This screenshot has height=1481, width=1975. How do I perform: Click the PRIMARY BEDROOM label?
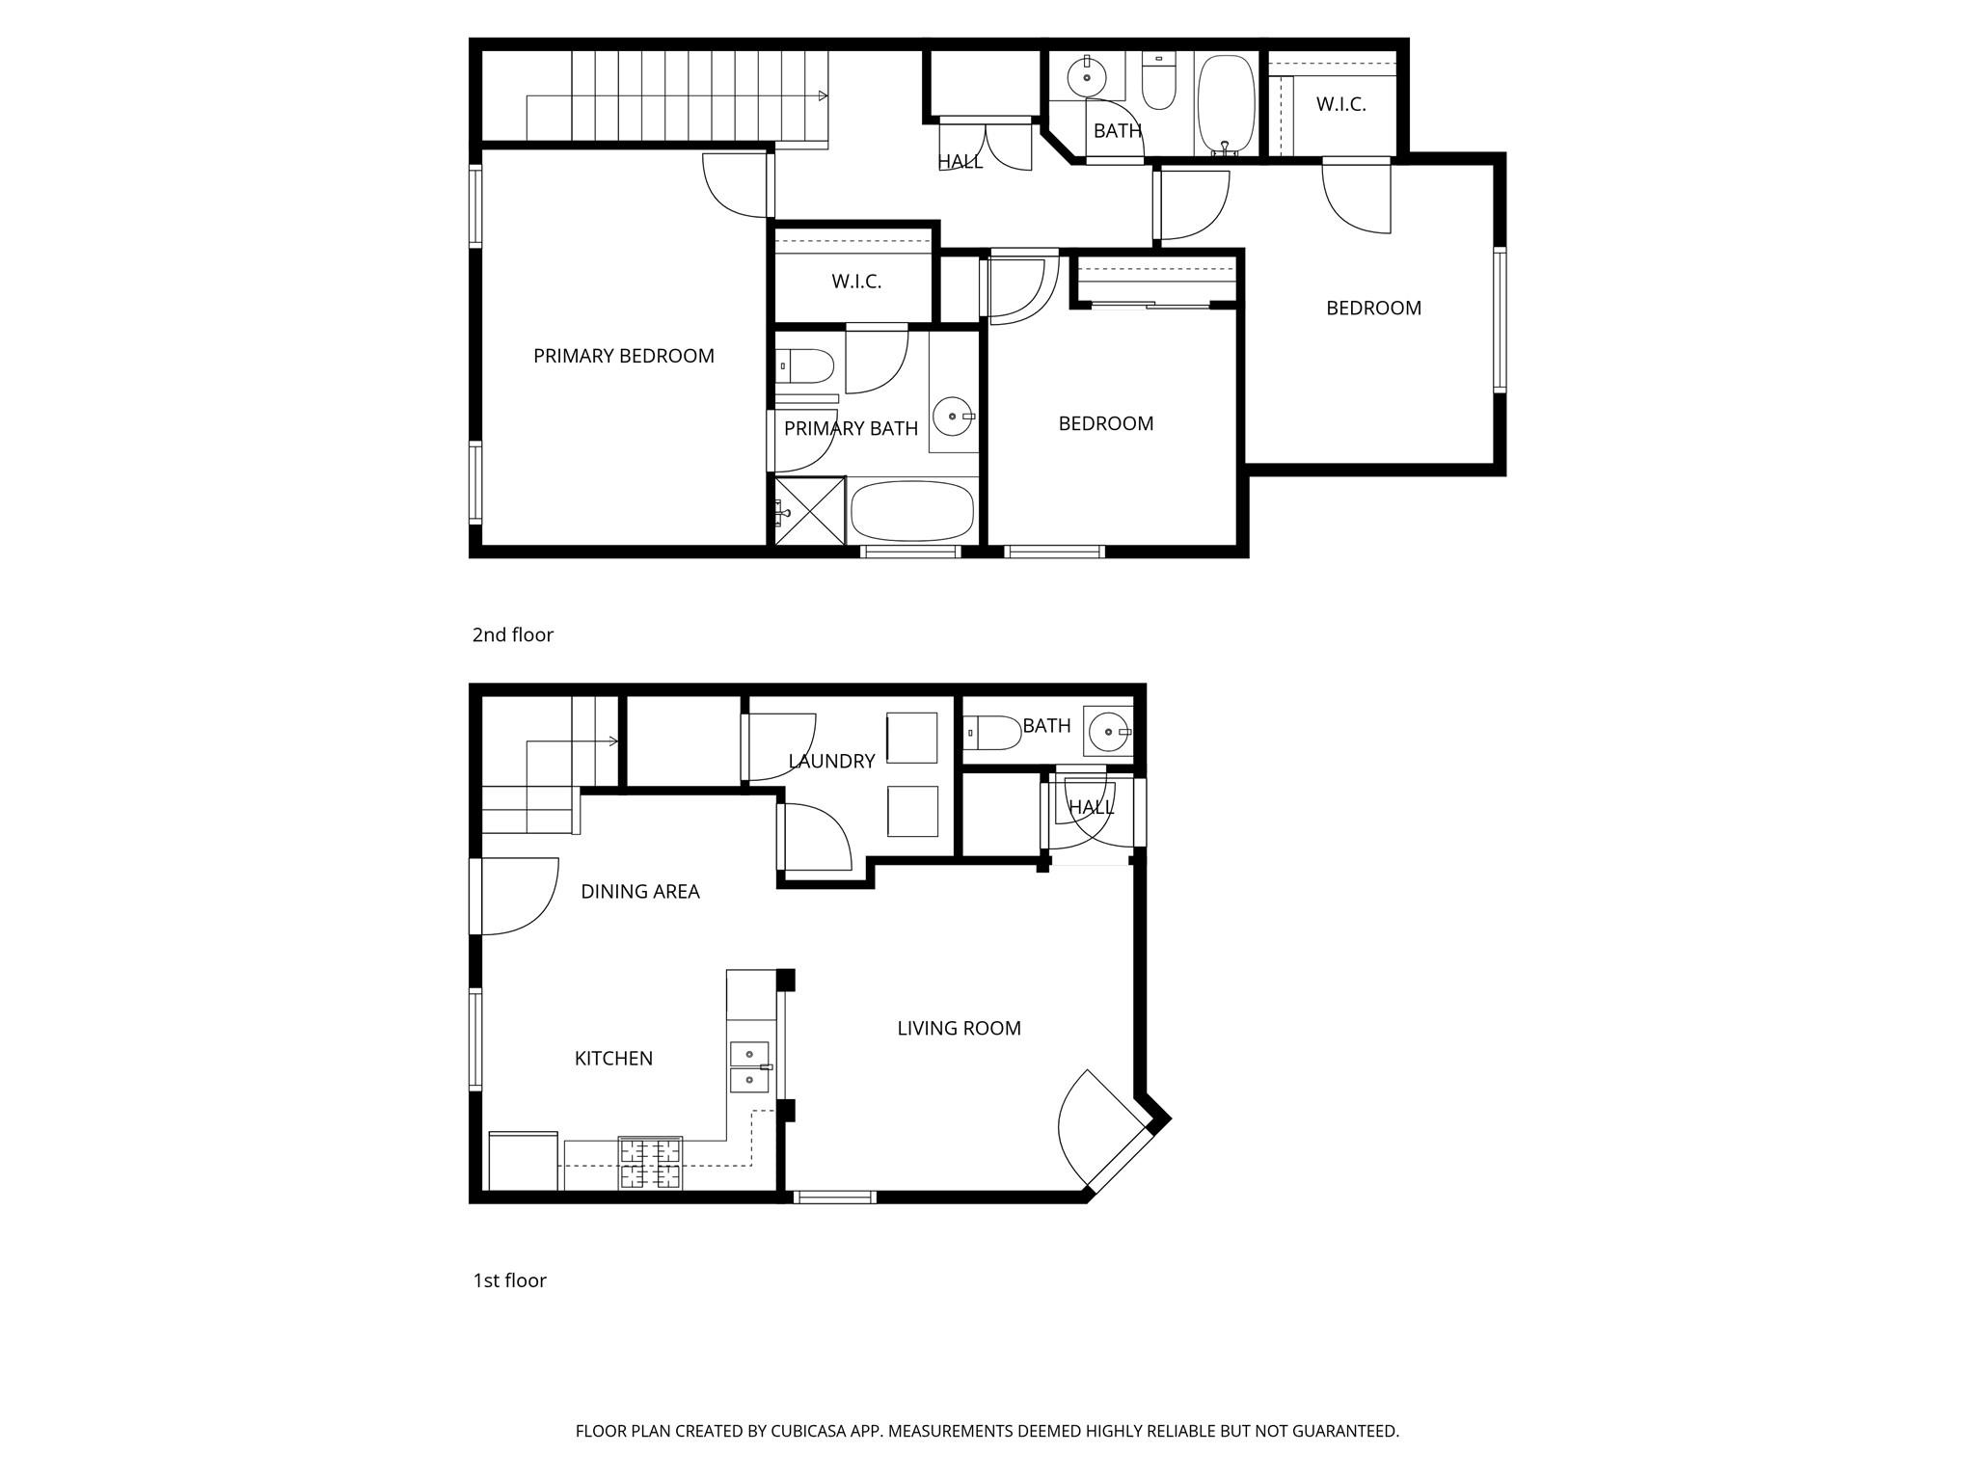tap(623, 356)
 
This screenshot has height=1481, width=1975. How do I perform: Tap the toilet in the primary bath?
tap(805, 365)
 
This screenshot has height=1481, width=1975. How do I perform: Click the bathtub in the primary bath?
tap(912, 511)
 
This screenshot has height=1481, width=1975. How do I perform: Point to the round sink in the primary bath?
tap(953, 417)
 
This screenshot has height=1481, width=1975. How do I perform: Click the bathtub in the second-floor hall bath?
tap(1226, 104)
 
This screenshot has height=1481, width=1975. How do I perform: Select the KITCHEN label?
tap(613, 1059)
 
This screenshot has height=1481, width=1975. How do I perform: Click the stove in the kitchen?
tap(650, 1163)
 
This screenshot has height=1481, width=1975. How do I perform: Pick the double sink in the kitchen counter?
tap(749, 1067)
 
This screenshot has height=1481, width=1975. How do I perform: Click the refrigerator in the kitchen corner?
tap(524, 1161)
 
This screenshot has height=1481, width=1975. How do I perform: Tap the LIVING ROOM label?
tap(959, 1029)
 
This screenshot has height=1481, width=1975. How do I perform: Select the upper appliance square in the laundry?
tap(911, 739)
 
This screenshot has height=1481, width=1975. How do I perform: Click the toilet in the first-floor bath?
tap(993, 733)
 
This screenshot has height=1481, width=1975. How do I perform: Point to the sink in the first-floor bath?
tap(1109, 732)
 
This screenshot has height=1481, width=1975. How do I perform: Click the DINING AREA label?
tap(639, 892)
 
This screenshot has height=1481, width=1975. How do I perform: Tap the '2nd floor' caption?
tap(512, 635)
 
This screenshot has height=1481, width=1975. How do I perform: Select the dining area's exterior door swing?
tap(516, 897)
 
